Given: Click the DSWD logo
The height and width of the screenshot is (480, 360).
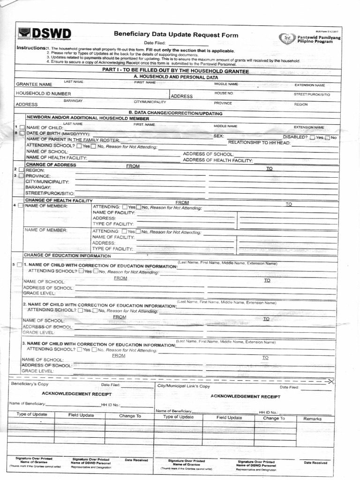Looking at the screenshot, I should tap(45, 34).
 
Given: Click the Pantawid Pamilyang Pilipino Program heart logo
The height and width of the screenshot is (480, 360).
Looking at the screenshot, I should tap(287, 38).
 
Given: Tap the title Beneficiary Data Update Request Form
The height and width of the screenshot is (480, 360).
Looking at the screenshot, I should tap(176, 35).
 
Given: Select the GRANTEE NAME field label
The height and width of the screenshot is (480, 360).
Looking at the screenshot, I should tap(34, 84).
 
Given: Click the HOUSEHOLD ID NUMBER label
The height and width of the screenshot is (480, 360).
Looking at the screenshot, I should tap(44, 94).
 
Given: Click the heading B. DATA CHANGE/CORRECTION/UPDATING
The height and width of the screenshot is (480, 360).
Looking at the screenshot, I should tap(175, 113).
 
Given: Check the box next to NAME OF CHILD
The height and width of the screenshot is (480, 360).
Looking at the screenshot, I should tap(22, 127).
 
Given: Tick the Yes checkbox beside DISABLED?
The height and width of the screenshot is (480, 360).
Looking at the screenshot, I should tap(312, 137).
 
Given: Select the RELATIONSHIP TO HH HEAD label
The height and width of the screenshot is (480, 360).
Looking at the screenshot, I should tap(259, 142).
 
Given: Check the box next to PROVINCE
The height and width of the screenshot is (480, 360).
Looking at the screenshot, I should tap(22, 176).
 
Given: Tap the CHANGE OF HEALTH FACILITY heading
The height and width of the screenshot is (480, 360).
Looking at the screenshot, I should tap(59, 200).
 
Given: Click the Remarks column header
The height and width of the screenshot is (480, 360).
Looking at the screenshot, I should tap(312, 419).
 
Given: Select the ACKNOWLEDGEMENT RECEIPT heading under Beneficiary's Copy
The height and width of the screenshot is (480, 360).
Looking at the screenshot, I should tap(77, 394).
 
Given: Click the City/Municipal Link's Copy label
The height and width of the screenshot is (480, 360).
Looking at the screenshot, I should tap(184, 386).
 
